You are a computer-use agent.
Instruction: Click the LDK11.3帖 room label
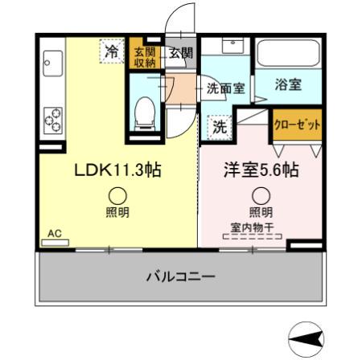click(116, 171)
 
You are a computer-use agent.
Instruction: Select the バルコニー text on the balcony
click(180, 277)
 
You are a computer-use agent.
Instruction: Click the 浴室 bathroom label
click(287, 84)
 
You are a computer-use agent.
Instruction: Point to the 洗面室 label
click(226, 88)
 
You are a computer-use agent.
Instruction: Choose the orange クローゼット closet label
click(298, 125)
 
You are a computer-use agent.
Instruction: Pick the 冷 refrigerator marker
click(113, 53)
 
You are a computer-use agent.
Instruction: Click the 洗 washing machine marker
click(220, 126)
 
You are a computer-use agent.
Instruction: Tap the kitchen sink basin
click(53, 61)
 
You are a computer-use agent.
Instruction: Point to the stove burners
click(54, 117)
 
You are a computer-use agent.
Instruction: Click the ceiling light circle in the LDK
click(117, 194)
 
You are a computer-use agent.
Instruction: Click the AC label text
click(55, 234)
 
